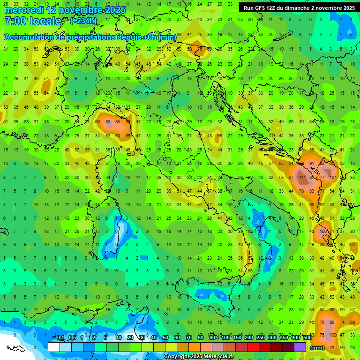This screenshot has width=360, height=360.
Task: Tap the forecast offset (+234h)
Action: click(83, 21)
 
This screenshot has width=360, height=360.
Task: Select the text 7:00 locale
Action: click(32, 21)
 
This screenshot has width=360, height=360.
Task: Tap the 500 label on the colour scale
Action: click(307, 337)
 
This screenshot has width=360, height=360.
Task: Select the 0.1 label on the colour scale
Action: click(60, 337)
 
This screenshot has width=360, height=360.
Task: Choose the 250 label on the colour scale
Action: click(260, 337)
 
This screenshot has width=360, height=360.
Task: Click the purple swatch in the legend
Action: click(300, 347)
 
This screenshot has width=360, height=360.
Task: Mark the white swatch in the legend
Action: click(54, 347)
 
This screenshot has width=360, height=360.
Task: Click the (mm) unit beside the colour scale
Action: click(317, 348)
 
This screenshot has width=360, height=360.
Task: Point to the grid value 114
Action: click(302, 178)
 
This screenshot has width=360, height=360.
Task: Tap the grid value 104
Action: click(333, 178)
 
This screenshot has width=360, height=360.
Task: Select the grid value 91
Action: click(312, 164)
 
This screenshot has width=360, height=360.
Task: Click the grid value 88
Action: click(108, 122)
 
